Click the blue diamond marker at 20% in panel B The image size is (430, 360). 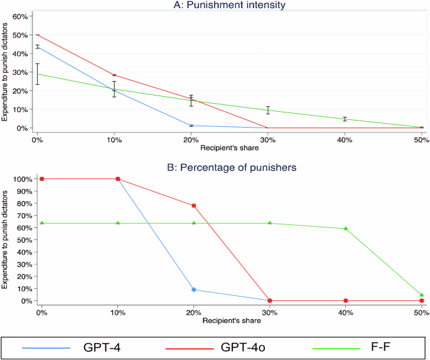(x=194, y=290)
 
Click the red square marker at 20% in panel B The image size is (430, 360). (x=194, y=205)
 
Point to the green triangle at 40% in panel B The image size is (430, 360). (x=346, y=229)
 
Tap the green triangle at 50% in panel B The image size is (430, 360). (x=422, y=295)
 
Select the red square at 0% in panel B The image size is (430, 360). (x=42, y=179)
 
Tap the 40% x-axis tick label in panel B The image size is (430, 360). (x=346, y=312)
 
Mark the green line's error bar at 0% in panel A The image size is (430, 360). (x=38, y=74)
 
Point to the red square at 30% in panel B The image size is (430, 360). (x=270, y=301)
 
